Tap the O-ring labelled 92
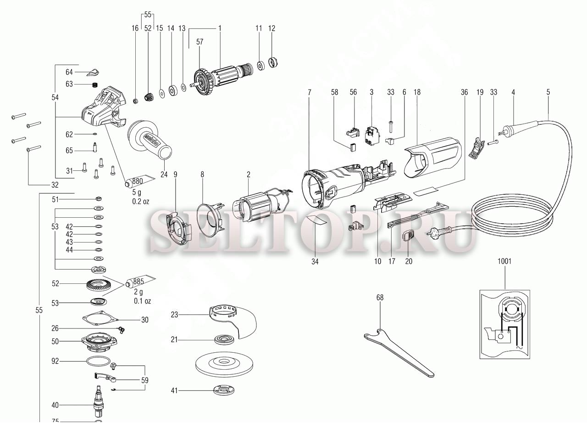point(99,361)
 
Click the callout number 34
point(315,261)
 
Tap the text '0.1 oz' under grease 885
point(143,301)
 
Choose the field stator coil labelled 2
point(257,209)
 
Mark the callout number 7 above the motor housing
point(309,92)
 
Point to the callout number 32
point(55,185)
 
